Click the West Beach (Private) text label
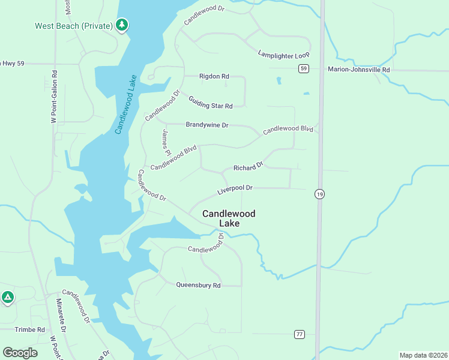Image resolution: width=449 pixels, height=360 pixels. [x=74, y=26]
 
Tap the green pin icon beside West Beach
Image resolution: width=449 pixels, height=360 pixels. [x=122, y=25]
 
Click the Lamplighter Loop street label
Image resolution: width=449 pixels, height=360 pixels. [x=283, y=55]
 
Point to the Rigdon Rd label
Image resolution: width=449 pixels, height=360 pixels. [x=214, y=77]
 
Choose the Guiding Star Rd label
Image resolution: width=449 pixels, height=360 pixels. [x=210, y=103]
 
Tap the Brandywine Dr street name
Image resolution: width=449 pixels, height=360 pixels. [x=207, y=125]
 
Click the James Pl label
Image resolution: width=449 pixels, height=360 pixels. [x=166, y=142]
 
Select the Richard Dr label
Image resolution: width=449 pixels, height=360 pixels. [x=249, y=166]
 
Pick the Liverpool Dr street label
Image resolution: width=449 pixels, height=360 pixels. [x=235, y=188]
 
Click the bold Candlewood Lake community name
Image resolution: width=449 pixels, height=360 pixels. [x=229, y=218]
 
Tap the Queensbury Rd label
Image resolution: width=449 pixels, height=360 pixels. [x=198, y=286]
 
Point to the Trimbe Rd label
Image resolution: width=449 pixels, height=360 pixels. [x=30, y=330]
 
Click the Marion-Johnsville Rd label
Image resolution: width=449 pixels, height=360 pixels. [x=359, y=70]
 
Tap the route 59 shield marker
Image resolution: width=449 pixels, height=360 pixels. [x=304, y=69]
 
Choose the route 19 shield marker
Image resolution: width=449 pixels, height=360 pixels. [x=319, y=194]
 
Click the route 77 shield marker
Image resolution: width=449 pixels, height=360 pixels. [x=300, y=334]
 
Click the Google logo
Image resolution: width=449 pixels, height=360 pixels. [x=20, y=352]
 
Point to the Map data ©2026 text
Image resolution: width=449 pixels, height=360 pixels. [x=423, y=355]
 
